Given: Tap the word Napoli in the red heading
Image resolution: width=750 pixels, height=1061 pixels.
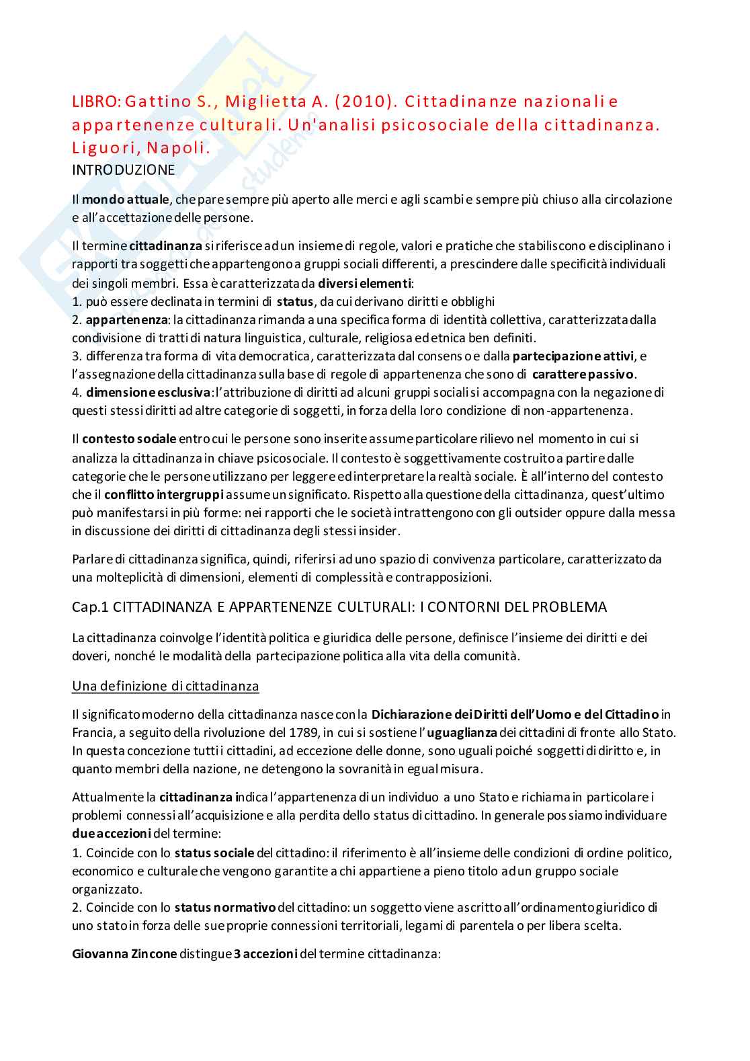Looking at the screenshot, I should (178, 148).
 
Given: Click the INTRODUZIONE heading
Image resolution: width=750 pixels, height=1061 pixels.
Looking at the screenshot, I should (123, 170).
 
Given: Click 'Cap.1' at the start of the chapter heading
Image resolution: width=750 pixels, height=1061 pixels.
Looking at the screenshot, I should (90, 607).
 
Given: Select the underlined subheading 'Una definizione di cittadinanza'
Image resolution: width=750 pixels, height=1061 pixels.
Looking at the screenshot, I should (165, 686).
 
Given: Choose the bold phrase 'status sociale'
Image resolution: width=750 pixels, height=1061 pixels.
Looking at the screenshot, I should (214, 853).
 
